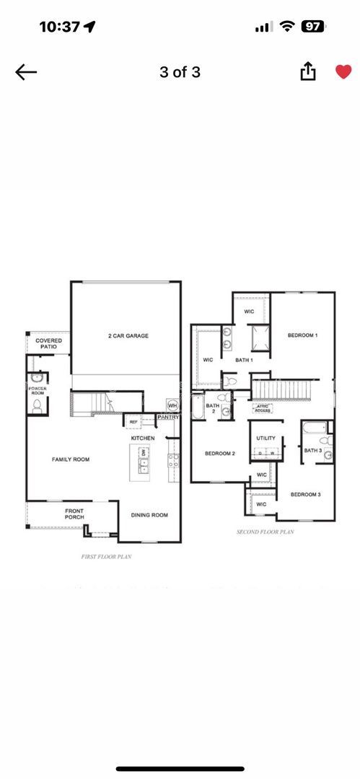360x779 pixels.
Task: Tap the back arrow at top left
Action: point(26,71)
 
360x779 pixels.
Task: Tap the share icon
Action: point(307,71)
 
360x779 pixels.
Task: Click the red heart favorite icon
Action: point(343,71)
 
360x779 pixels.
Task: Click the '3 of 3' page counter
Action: point(180,72)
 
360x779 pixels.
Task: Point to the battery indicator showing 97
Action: point(312,27)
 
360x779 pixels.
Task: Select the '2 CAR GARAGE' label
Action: point(128,336)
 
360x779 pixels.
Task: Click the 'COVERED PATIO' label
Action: point(48,343)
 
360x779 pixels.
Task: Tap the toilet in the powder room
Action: point(36,405)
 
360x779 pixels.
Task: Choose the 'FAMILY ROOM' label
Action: point(71,459)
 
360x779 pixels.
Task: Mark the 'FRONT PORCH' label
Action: point(74,514)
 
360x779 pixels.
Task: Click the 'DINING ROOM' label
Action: point(149,515)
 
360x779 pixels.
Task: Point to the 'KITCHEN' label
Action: point(142,439)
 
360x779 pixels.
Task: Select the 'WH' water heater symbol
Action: point(172,405)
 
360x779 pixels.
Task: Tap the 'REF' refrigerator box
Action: point(133,422)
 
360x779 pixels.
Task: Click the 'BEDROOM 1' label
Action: point(303,336)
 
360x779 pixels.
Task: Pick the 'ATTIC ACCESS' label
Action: point(263,408)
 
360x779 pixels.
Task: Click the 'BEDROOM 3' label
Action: point(305,495)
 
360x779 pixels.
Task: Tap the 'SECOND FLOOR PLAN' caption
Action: point(265,532)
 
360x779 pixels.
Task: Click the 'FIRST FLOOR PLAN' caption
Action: point(105,557)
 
